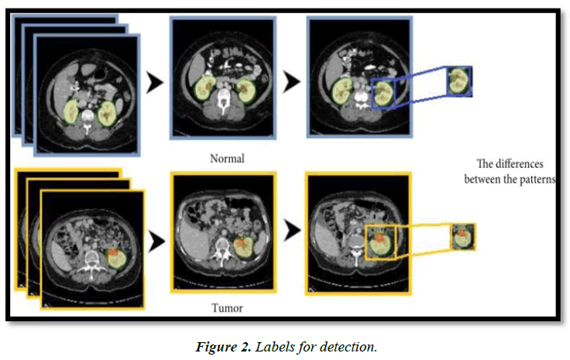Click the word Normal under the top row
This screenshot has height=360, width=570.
(x=227, y=159)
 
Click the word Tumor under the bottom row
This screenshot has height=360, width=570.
(x=227, y=308)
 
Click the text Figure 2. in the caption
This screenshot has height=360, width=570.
(x=221, y=345)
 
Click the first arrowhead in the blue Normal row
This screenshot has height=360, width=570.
(x=155, y=83)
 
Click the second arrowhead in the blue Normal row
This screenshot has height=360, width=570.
(x=291, y=81)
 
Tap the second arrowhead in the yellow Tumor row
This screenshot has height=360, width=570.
(x=291, y=230)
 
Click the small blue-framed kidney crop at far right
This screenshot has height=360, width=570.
(x=458, y=81)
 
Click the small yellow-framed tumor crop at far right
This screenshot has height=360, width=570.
(x=462, y=236)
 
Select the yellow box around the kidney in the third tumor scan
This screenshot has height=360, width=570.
(x=380, y=242)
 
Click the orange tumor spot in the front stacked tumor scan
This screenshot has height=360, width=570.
(x=113, y=253)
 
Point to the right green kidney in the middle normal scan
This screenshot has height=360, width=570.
(x=246, y=89)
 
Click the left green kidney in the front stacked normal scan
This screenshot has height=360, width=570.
(x=70, y=112)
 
